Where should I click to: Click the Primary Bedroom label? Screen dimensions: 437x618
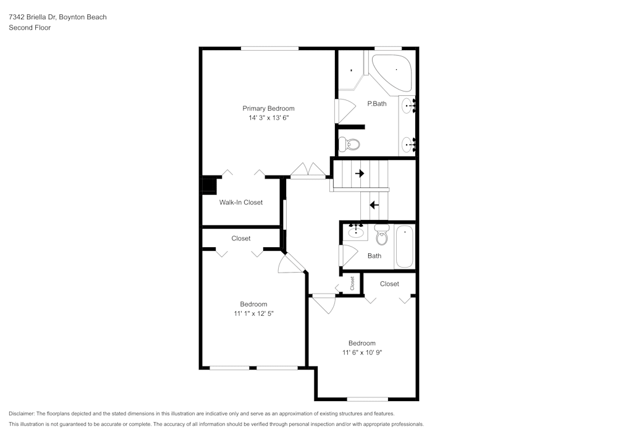[x=268, y=108]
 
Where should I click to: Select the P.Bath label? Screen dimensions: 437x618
[x=376, y=104]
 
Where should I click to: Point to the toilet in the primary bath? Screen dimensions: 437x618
[x=350, y=145]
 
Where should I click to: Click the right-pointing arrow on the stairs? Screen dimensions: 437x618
[x=359, y=174]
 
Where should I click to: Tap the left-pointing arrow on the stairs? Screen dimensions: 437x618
[x=374, y=205]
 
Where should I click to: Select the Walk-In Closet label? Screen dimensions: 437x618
[x=240, y=202]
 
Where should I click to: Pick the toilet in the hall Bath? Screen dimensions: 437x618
[x=381, y=235]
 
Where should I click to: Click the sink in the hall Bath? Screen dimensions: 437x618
[x=355, y=232]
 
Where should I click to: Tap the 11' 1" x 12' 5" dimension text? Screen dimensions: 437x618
[x=253, y=313]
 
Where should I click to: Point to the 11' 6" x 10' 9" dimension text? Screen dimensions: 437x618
[x=362, y=352]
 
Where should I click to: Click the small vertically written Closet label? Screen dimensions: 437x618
[x=352, y=283]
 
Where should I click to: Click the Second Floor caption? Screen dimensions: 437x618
[x=30, y=28]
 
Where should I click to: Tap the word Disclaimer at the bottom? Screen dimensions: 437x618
[x=22, y=414]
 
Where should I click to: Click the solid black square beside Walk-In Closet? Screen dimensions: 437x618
[x=209, y=186]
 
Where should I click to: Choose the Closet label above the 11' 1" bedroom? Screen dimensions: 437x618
[x=241, y=238]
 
